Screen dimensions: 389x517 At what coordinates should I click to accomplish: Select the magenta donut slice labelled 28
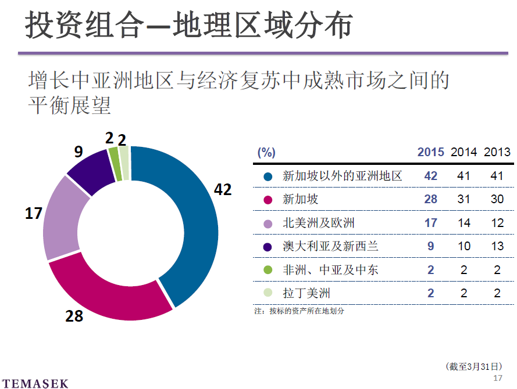110,296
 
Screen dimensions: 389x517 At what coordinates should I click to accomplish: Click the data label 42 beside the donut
223,189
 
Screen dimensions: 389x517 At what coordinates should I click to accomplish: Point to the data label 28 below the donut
74,316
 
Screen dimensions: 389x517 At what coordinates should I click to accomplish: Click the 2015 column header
430,152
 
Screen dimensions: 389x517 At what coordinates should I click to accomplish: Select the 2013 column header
497,152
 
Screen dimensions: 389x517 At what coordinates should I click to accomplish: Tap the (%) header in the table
266,153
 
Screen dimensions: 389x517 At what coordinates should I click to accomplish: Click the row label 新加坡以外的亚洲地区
342,176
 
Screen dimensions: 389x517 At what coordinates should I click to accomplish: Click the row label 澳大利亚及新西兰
330,246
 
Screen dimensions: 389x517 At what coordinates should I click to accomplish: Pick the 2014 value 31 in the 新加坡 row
464,199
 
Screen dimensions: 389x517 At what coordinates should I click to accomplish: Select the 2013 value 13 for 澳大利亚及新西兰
497,246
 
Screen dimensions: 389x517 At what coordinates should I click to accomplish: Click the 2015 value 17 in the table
430,223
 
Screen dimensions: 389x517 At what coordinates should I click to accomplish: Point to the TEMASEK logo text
34,383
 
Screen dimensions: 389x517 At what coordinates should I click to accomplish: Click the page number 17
497,378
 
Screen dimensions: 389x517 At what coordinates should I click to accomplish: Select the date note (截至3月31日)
473,366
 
